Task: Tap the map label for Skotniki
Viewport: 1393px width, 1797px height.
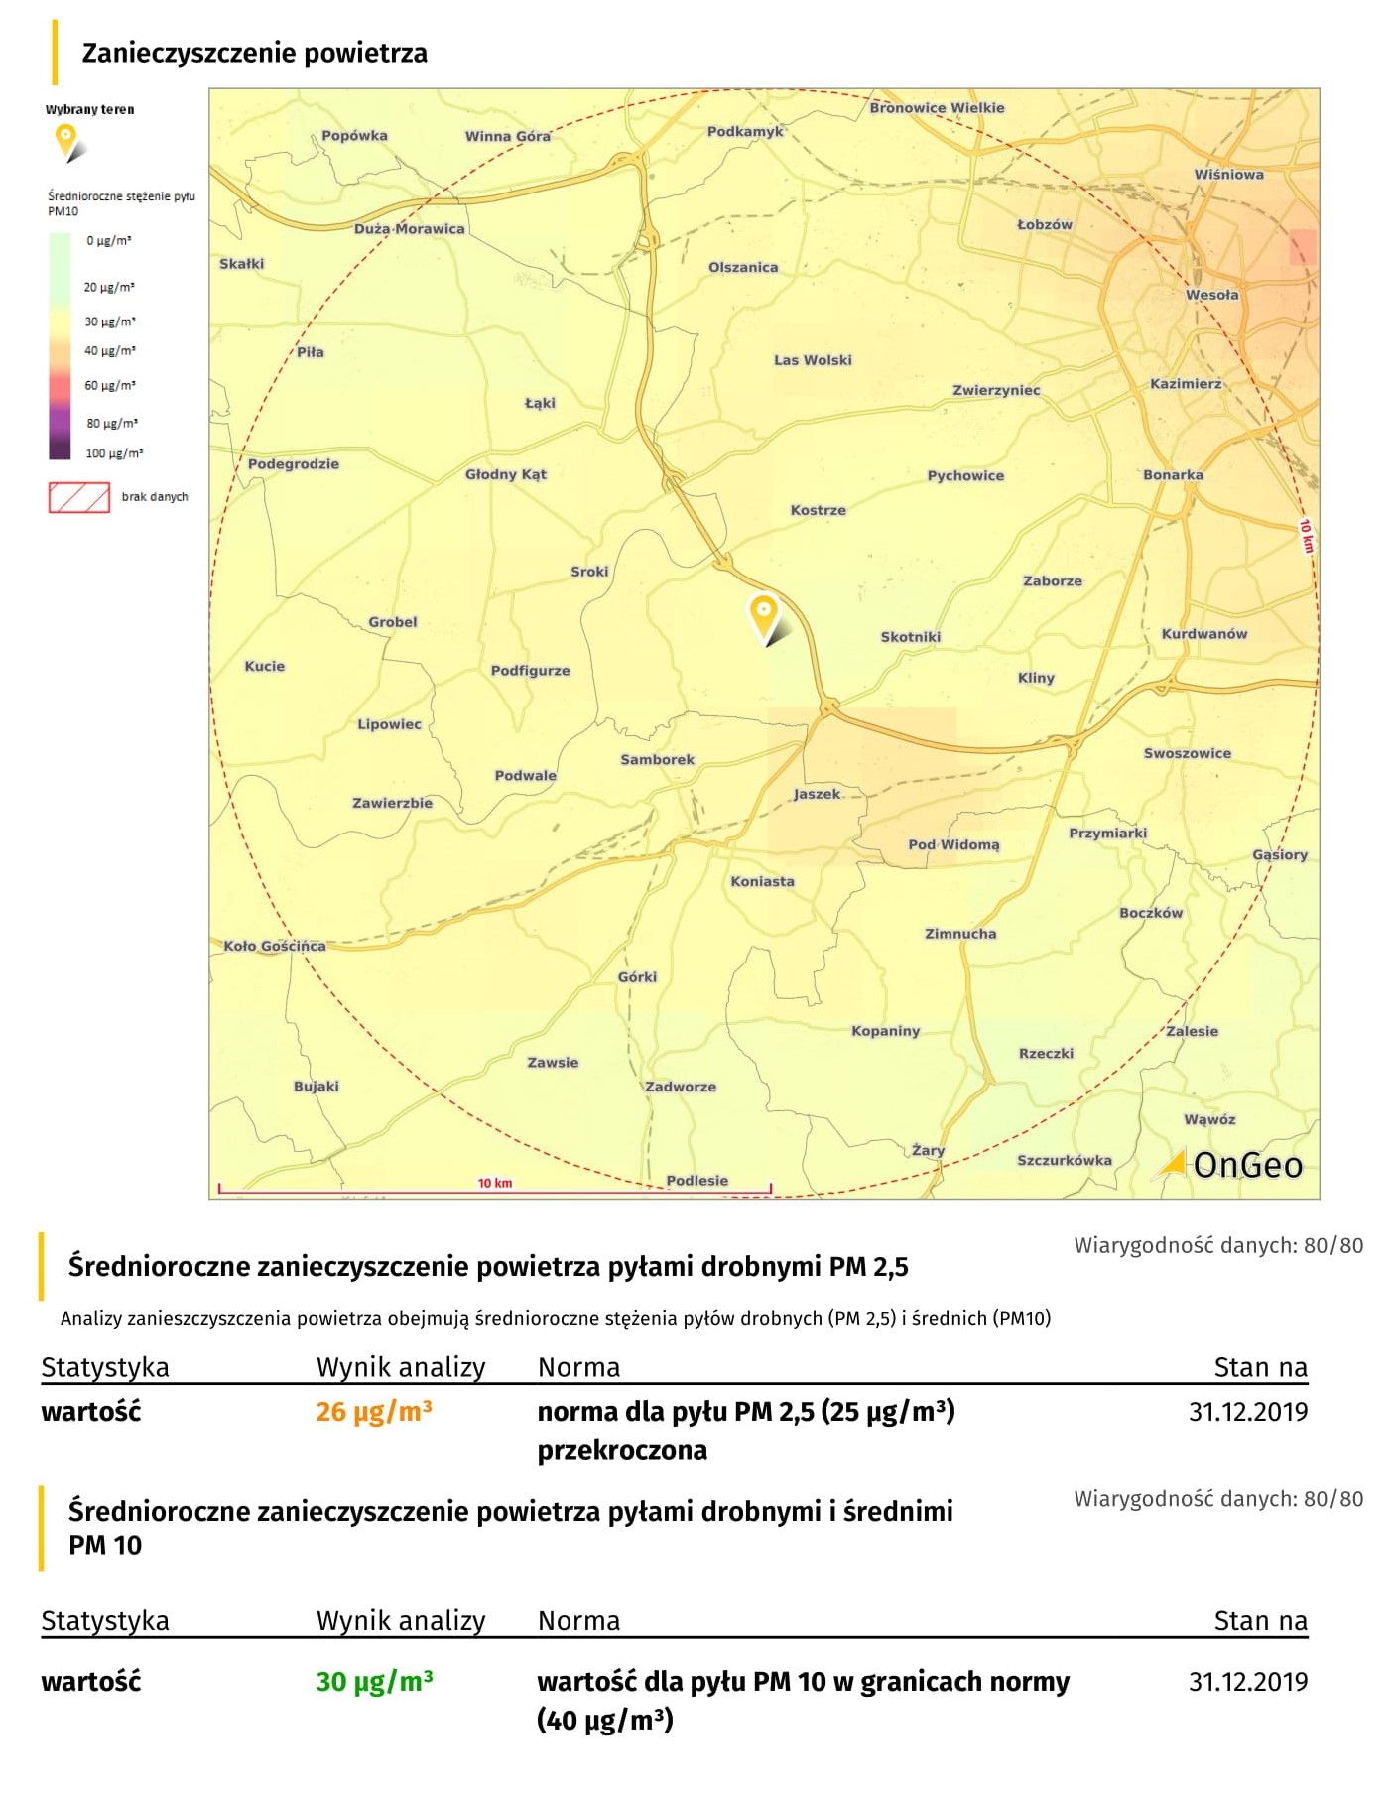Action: tap(910, 637)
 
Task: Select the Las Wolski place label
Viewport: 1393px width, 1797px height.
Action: tap(813, 360)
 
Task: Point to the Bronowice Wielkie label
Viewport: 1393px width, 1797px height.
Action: tap(937, 108)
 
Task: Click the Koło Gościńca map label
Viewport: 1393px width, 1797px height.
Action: tap(274, 946)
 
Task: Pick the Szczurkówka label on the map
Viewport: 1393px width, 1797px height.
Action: tap(1064, 1160)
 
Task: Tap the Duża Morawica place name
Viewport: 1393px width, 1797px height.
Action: tap(409, 229)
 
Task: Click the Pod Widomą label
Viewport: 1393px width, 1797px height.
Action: tap(953, 844)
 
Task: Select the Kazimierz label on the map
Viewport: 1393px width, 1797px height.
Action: tap(1186, 384)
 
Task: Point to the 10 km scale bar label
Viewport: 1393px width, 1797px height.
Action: tap(494, 1183)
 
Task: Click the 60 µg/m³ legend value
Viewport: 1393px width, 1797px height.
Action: tap(109, 386)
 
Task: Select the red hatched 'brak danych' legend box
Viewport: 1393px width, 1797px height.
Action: tap(78, 497)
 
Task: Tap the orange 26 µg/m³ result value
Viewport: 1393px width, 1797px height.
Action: tap(374, 1411)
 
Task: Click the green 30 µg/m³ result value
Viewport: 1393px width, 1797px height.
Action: tap(374, 1681)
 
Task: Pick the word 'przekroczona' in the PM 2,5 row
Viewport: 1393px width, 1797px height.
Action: tap(622, 1450)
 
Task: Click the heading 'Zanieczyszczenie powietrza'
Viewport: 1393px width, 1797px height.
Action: tap(254, 53)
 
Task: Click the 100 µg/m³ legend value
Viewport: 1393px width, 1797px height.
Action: tap(113, 453)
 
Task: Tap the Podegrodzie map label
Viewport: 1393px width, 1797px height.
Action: tap(293, 464)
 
